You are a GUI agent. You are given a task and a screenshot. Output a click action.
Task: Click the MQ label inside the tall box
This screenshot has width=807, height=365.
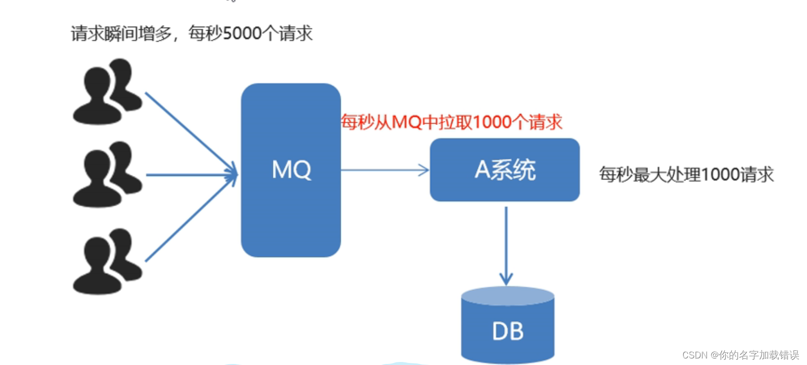click(x=291, y=170)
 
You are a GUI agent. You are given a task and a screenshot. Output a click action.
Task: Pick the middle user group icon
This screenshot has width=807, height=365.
click(x=107, y=174)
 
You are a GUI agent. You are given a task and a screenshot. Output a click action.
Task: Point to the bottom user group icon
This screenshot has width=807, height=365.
click(x=107, y=261)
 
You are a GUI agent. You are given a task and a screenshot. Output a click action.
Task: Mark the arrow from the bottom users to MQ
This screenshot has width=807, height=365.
click(x=189, y=219)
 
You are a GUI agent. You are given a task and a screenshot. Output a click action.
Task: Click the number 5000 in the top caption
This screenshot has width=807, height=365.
click(x=242, y=34)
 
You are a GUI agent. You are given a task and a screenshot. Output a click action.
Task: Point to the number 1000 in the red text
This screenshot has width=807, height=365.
click(x=493, y=122)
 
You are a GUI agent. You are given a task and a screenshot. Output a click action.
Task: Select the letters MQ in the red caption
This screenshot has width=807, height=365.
click(x=406, y=122)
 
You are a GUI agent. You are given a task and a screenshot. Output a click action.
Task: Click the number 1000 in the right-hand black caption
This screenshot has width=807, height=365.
click(x=720, y=174)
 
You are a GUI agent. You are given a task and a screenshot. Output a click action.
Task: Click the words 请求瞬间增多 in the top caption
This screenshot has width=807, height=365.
click(x=121, y=34)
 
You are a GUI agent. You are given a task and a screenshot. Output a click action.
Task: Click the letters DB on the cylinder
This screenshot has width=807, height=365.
click(x=508, y=331)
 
